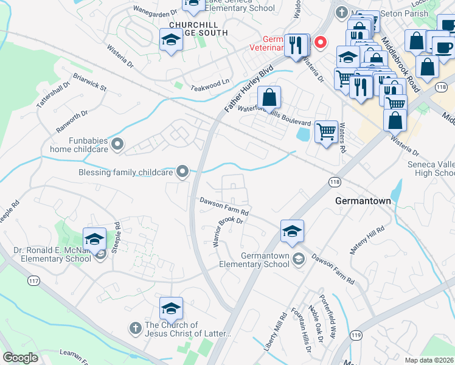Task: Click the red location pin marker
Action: pyautogui.click(x=320, y=42)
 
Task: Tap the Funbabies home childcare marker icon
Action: pyautogui.click(x=118, y=144)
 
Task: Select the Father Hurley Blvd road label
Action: pyautogui.click(x=247, y=89)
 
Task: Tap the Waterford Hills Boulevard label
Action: pyautogui.click(x=274, y=116)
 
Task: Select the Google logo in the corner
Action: pyautogui.click(x=20, y=357)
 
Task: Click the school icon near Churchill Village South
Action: pyautogui.click(x=172, y=40)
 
